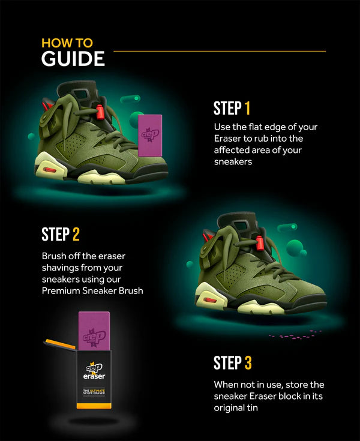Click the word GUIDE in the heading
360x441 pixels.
(73, 59)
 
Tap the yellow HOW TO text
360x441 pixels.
(67, 43)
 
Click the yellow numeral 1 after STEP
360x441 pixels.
(247, 108)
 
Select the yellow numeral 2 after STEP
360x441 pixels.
(76, 234)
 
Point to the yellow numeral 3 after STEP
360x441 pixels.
(248, 362)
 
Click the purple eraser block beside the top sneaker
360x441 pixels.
(150, 136)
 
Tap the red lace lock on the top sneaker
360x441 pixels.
(100, 112)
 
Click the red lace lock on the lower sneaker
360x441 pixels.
(259, 243)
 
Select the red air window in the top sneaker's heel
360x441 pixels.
(50, 170)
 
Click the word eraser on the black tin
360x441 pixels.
(94, 376)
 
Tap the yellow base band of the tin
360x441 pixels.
(94, 406)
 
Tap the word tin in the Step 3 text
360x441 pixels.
(251, 407)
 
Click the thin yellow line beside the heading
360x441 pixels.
(220, 51)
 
